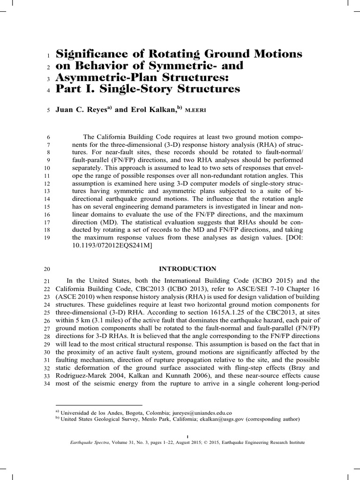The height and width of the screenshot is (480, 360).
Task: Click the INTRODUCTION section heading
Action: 188,269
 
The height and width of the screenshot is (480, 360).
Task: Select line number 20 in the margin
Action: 46,270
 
